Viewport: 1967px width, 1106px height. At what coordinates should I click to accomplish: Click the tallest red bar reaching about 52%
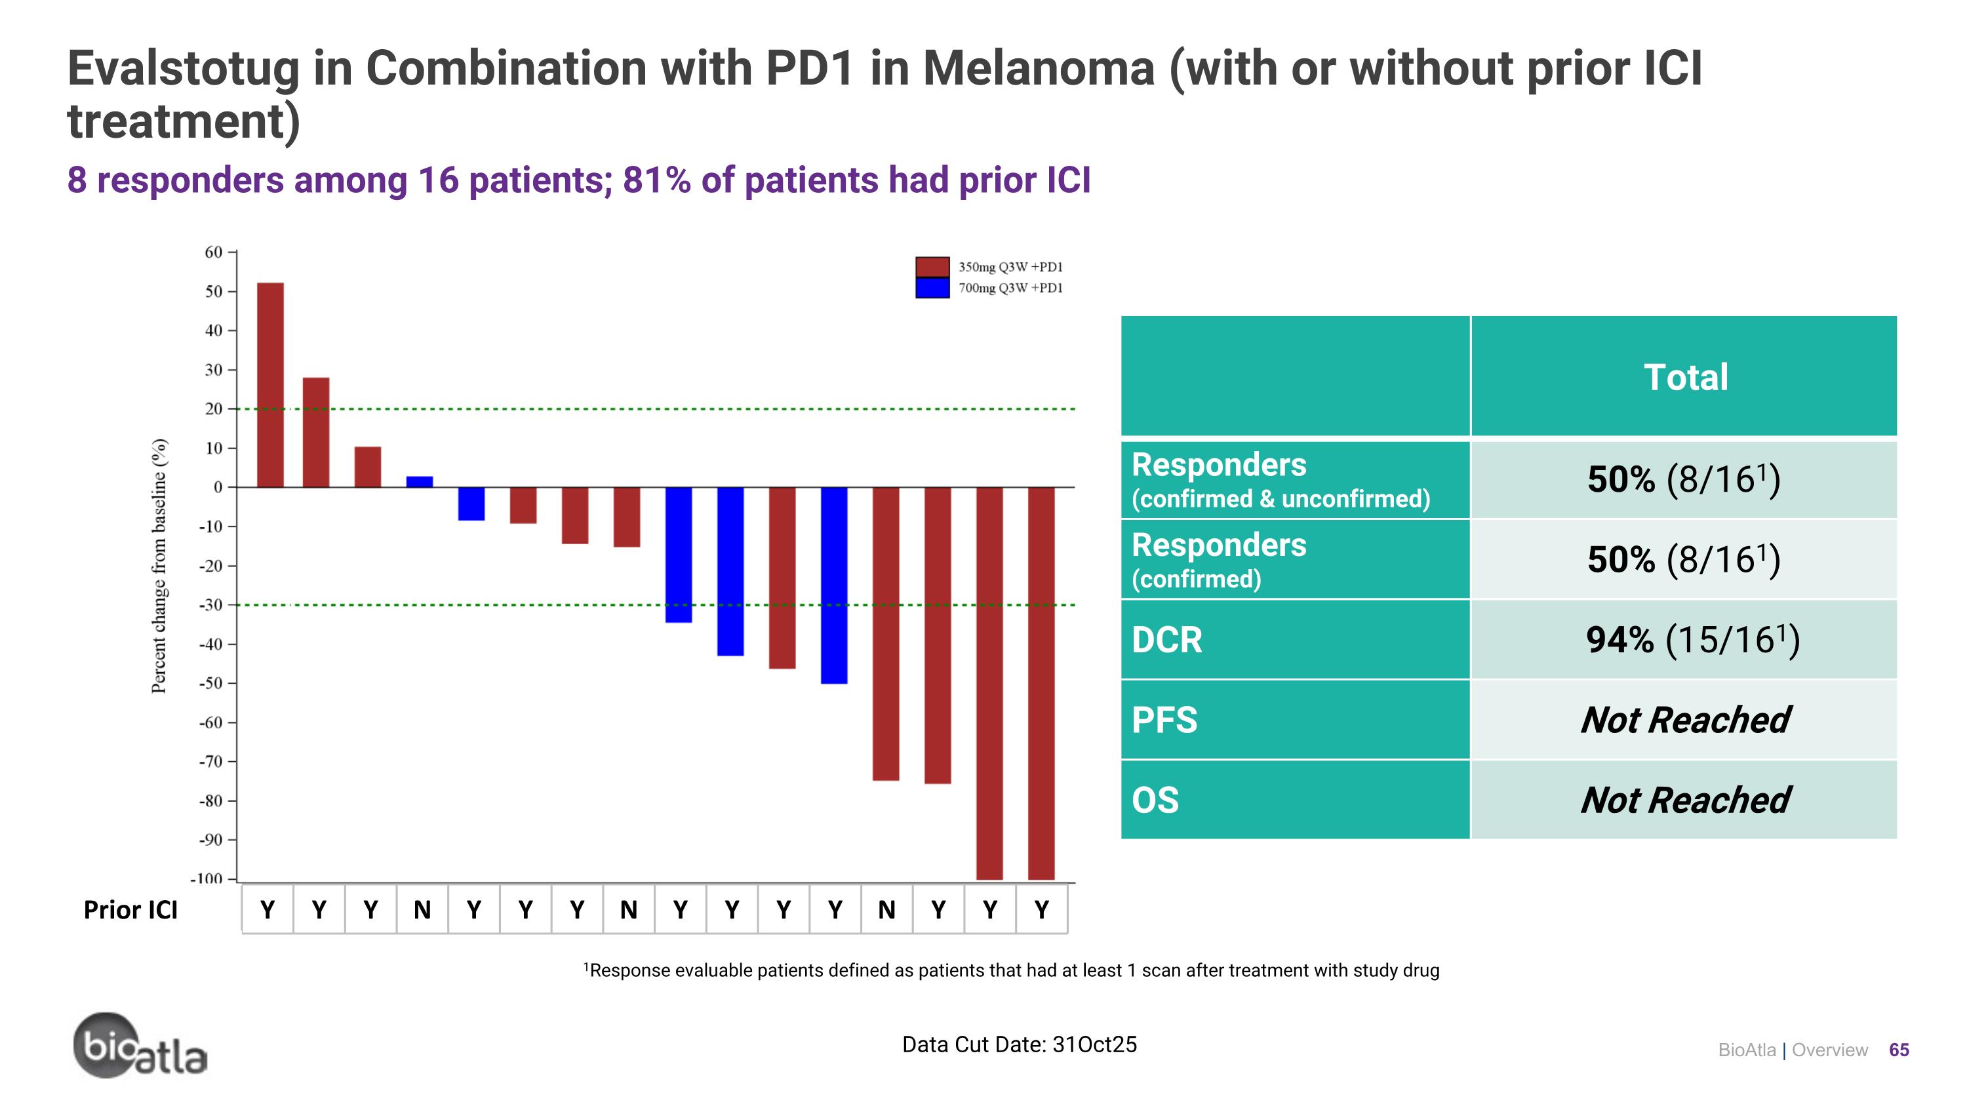[270, 385]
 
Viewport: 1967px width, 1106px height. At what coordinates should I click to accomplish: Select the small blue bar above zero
[419, 482]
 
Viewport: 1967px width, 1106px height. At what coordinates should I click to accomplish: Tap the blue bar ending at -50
[834, 585]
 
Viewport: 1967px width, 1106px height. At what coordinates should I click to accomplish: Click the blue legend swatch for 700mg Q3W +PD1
[932, 288]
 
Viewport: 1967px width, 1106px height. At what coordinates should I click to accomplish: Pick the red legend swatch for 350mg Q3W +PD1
[932, 266]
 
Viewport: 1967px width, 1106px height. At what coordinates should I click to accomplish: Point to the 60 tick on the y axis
[214, 252]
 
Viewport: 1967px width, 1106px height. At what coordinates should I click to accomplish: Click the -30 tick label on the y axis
[210, 605]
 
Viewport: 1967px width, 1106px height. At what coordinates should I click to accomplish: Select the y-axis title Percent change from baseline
[159, 566]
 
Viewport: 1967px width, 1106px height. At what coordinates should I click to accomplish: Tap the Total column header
[1685, 377]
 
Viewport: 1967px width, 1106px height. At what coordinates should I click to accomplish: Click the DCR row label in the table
[1167, 640]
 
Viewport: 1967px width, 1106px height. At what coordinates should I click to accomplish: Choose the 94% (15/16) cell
[1692, 640]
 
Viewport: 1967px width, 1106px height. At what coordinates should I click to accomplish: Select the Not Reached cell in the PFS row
[1684, 720]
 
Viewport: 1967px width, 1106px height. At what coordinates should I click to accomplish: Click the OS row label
[1155, 800]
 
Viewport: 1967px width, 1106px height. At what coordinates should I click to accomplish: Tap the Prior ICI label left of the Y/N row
[130, 910]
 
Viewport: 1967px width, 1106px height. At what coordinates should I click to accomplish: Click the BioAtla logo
[140, 1046]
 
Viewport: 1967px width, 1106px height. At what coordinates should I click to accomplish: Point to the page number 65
[1898, 1050]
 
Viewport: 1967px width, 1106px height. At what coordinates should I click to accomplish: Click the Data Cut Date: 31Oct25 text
[1019, 1044]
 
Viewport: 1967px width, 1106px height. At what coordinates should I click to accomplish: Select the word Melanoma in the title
[1039, 69]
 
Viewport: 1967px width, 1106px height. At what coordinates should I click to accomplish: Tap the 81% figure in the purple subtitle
[656, 181]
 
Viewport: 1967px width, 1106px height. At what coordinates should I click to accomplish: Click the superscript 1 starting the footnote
[586, 967]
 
